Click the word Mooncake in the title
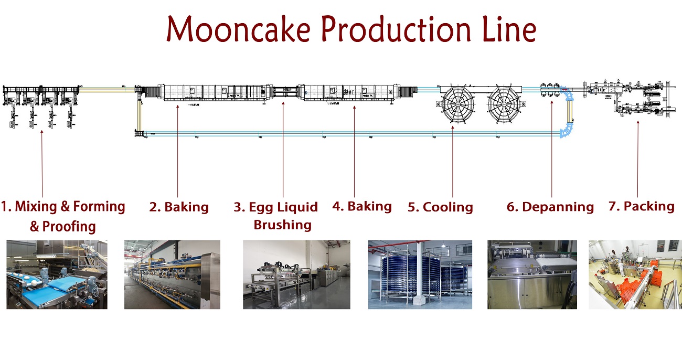click(x=238, y=30)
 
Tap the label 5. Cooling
click(x=440, y=207)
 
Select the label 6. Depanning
click(x=550, y=207)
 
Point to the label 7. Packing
click(x=641, y=206)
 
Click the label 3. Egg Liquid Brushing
click(x=276, y=216)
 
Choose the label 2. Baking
click(x=179, y=207)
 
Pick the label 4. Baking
click(x=362, y=206)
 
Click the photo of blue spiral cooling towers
click(x=420, y=274)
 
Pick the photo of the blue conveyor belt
click(x=57, y=274)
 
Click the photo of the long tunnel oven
click(x=172, y=274)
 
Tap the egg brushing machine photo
click(x=296, y=274)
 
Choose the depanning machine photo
click(x=532, y=274)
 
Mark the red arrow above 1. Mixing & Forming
click(x=42, y=163)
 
